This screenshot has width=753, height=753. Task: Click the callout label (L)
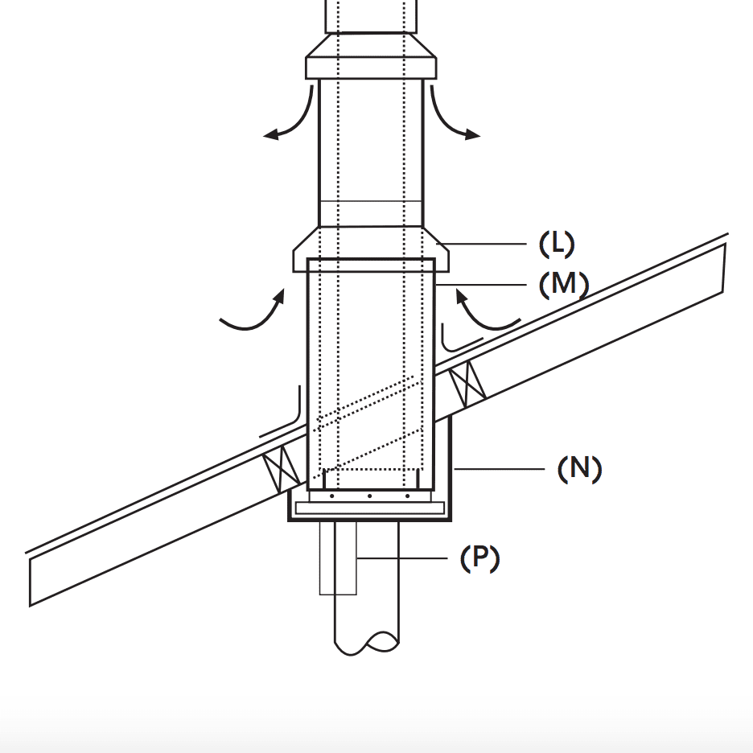point(557,244)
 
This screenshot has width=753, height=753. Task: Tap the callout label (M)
point(564,285)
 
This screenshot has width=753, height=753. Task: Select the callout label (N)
point(579,469)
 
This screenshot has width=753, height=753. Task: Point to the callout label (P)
point(479,558)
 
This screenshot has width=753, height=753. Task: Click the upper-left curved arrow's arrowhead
point(271,135)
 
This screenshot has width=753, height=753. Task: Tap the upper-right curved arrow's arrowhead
point(472,134)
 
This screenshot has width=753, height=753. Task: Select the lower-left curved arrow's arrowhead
point(279,295)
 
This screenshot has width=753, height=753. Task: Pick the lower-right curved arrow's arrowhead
point(462,296)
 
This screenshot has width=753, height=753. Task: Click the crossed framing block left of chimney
point(282,468)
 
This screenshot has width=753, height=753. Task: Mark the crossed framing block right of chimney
point(467,385)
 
